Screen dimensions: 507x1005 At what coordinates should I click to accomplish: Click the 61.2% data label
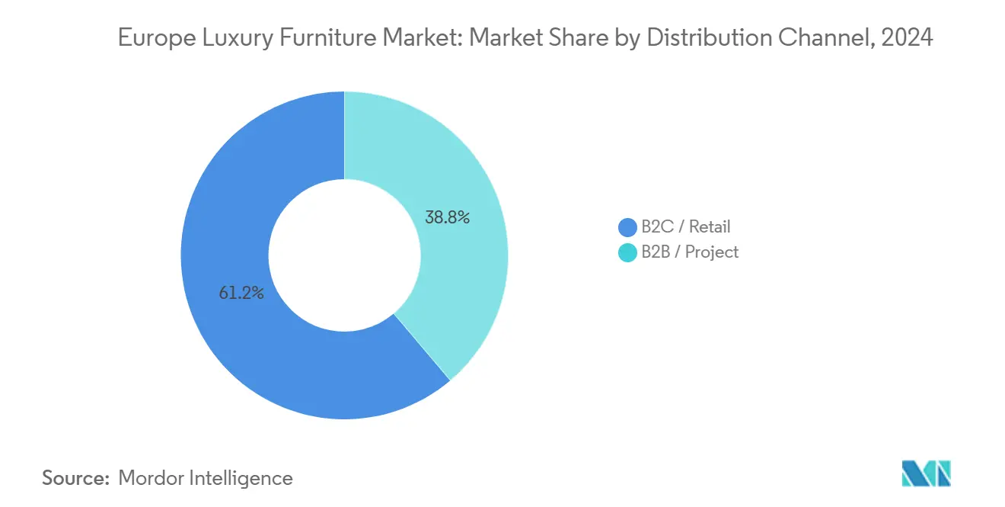[x=241, y=293]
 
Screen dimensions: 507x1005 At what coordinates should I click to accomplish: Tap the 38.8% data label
[x=447, y=217]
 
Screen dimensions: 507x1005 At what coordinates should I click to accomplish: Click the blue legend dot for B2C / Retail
[x=627, y=226]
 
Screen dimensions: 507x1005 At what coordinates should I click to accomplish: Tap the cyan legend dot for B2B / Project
[x=627, y=252]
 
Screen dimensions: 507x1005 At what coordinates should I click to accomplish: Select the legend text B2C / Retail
[x=685, y=226]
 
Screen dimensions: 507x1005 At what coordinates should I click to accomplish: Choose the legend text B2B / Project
[x=690, y=252]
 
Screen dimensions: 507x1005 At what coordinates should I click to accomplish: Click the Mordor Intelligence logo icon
[x=926, y=473]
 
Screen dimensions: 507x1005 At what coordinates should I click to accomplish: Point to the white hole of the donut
[x=344, y=255]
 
